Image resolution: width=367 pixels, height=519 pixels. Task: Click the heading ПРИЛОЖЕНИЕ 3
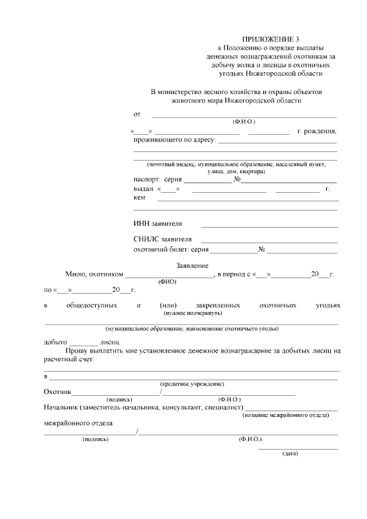[x=266, y=37]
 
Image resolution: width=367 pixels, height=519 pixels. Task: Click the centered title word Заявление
[x=192, y=266]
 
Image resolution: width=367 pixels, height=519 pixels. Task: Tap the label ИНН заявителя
[x=158, y=224]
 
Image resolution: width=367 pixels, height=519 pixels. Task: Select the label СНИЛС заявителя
[x=162, y=239]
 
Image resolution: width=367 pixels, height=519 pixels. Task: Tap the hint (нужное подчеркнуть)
[x=193, y=313]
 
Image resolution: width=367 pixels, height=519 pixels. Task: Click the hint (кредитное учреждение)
[x=192, y=384]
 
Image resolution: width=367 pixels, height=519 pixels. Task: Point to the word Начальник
[x=61, y=407]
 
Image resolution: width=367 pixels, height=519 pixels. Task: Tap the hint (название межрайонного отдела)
[x=286, y=415]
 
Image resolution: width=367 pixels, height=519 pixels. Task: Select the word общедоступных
[x=92, y=305]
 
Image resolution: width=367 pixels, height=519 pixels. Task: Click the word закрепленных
[x=217, y=305]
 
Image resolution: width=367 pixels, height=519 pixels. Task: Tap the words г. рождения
[x=317, y=131]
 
